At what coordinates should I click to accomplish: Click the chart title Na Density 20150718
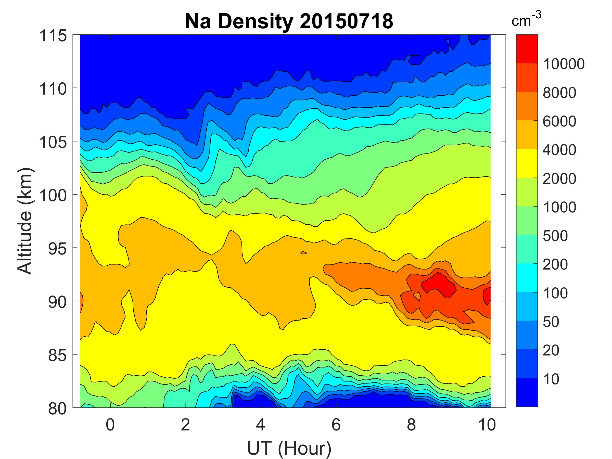coord(289,22)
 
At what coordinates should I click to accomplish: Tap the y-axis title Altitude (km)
coord(25,221)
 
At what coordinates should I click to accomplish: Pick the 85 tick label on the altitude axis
coord(57,355)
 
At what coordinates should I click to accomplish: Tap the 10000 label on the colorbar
coord(564,64)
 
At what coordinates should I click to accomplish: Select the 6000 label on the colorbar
coord(559,121)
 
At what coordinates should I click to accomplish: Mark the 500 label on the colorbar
coord(555,236)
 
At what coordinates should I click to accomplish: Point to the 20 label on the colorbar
coord(551,350)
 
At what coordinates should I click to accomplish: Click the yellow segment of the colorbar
coord(527,163)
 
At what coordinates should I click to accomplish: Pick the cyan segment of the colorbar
coord(527,278)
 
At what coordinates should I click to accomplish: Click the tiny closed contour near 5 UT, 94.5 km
coord(303,253)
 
